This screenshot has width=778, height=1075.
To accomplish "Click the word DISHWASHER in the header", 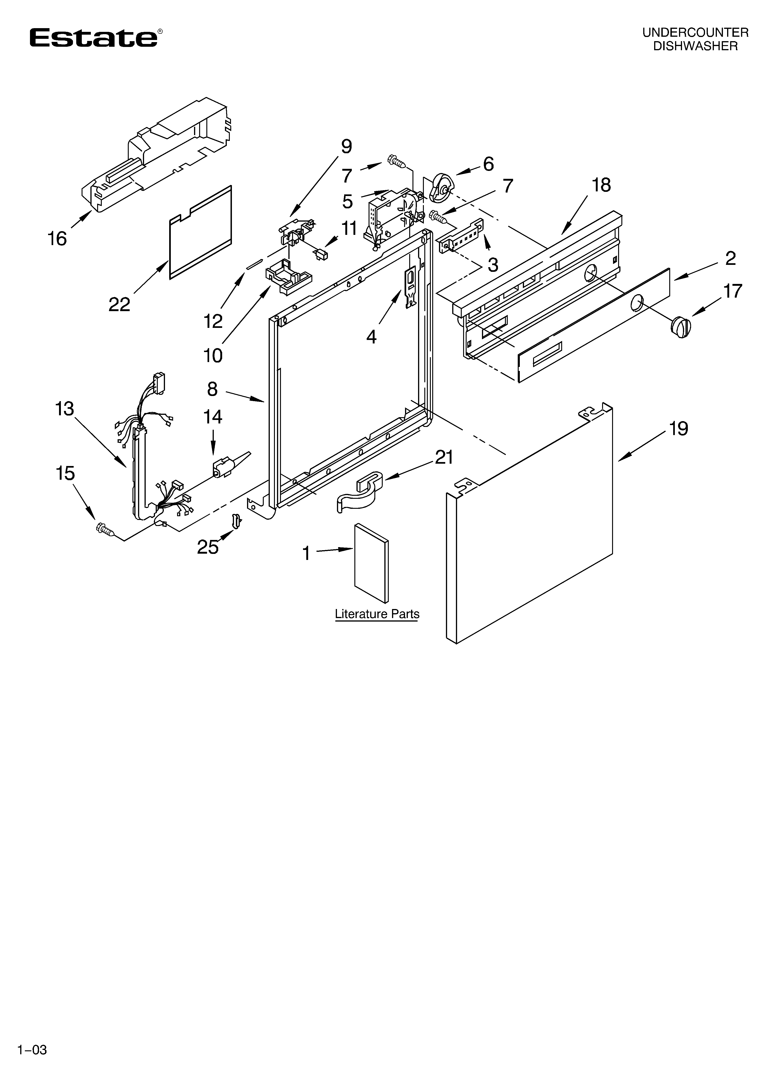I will coord(695,46).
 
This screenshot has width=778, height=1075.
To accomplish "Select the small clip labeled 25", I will coord(236,521).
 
